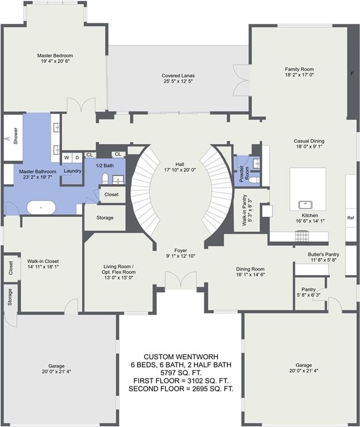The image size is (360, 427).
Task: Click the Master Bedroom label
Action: [x=55, y=56]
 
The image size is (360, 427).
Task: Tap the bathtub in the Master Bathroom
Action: [x=41, y=208]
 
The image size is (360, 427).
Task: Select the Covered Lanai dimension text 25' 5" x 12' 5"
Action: [x=178, y=81]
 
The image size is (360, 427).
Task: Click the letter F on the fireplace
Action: [x=352, y=73]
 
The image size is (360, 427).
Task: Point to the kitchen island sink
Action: [x=307, y=204]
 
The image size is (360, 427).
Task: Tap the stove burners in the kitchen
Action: [x=302, y=236]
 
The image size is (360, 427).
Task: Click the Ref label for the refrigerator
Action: [x=351, y=218]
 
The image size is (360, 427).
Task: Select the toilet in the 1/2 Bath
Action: [x=105, y=179]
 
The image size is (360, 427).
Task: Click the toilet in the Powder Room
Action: [x=254, y=180]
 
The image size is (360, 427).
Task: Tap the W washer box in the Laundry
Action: [x=67, y=157]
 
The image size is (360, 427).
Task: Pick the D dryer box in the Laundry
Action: [x=77, y=157]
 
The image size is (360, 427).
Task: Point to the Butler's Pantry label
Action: [x=323, y=254]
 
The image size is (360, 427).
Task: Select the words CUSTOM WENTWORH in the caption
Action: [x=181, y=357]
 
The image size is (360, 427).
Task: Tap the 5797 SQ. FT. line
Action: [x=181, y=373]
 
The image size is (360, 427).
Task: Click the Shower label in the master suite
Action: [x=16, y=136]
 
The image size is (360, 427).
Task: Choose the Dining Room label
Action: [x=250, y=269]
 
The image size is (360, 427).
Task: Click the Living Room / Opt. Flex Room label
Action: [x=119, y=269]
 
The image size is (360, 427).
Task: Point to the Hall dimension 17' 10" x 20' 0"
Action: [x=180, y=170]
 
